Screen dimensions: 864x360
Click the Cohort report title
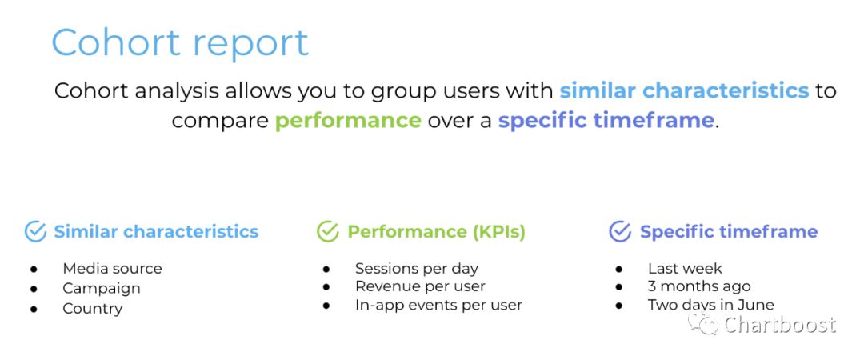coord(180,43)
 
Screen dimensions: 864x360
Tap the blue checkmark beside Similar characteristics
coord(36,231)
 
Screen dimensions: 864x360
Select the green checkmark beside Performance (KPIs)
coord(328,231)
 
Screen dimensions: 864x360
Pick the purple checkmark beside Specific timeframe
coord(620,231)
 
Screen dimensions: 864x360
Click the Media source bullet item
coord(113,269)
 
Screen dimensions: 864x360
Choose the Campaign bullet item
coord(102,288)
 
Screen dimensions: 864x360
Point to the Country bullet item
coord(93,308)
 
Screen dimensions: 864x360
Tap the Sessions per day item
coord(417,269)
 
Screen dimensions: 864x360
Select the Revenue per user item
coord(421,286)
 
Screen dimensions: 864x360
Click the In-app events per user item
coord(438,305)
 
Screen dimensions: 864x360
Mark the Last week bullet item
coord(685,269)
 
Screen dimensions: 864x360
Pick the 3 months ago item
coord(699,286)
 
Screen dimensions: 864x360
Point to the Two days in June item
coord(711,305)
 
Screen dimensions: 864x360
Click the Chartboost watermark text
coord(780,325)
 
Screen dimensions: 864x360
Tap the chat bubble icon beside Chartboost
coord(703,324)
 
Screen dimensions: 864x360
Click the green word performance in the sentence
coord(348,120)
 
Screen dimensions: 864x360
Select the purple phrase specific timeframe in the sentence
coord(606,120)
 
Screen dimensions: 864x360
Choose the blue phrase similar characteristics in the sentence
coord(684,90)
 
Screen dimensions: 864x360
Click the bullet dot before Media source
coord(34,269)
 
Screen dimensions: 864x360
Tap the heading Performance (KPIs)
coord(437,232)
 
